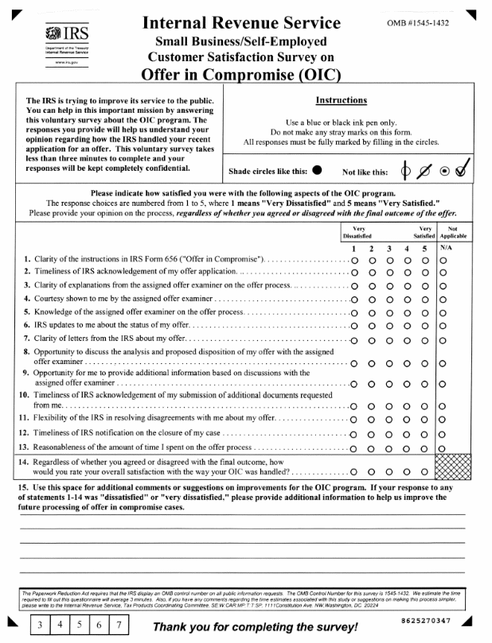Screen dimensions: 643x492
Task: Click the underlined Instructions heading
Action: click(342, 101)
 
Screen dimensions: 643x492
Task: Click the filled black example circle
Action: click(318, 168)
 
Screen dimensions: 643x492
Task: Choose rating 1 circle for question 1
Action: click(354, 261)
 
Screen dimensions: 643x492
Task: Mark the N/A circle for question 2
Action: click(443, 273)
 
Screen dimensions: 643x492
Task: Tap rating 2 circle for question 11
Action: click(372, 419)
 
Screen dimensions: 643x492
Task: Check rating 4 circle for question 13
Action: click(408, 448)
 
